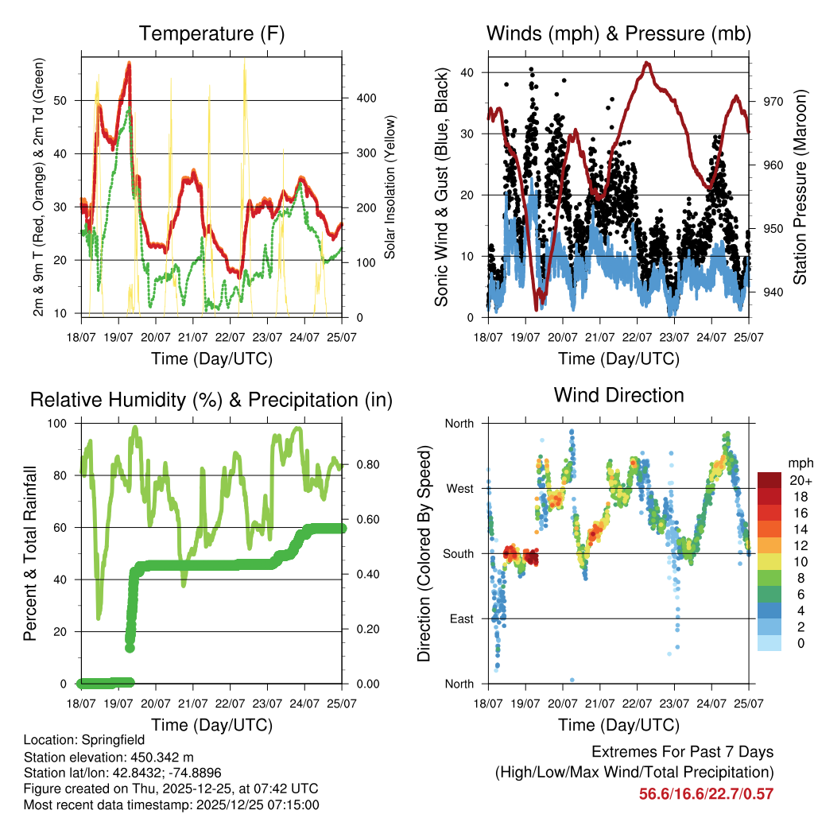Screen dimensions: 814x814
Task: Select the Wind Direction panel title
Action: tap(618, 394)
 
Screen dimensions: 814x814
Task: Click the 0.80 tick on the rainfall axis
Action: tap(360, 464)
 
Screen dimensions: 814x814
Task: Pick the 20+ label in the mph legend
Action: tap(800, 481)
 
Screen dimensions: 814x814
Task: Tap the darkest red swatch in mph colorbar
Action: tap(771, 481)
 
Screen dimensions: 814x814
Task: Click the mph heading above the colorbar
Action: tap(799, 463)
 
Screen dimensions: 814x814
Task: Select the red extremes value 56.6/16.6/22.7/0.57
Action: tap(706, 793)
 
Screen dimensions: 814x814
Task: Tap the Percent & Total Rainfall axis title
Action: tap(31, 553)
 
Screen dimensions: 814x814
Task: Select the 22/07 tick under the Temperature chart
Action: tap(231, 336)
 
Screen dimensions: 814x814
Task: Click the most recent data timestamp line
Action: tap(171, 804)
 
